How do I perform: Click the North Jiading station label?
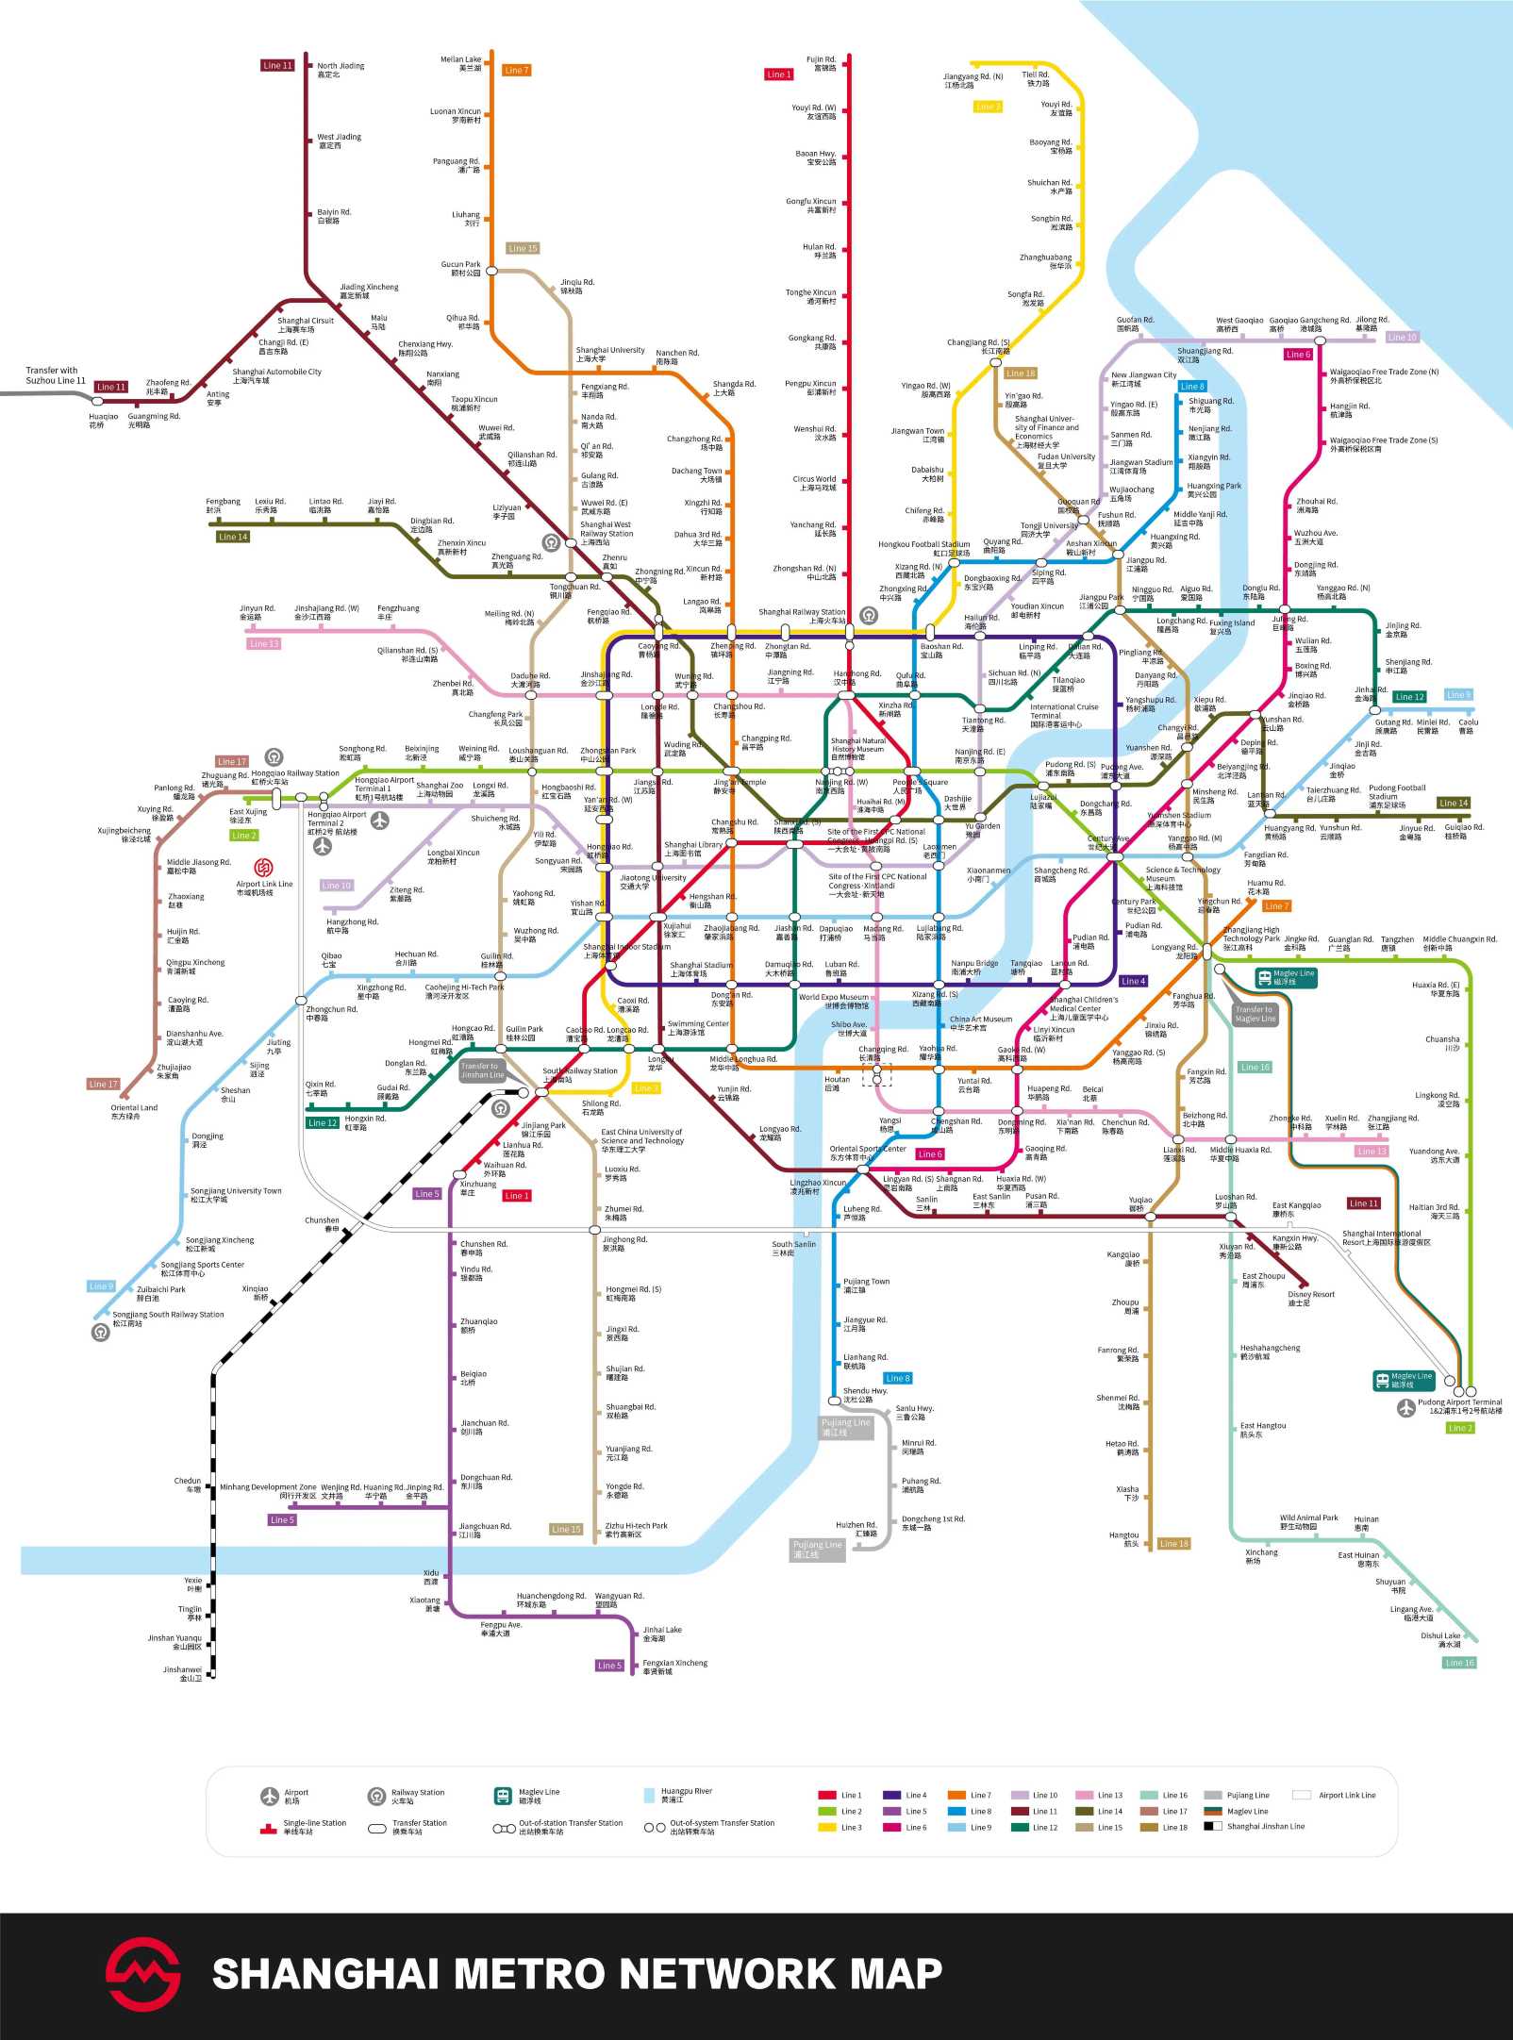(340, 70)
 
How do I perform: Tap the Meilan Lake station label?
(460, 63)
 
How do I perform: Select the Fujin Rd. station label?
(821, 63)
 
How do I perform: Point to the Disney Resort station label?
(1311, 1298)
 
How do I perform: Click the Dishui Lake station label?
(1440, 1639)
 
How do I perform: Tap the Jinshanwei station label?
(182, 1673)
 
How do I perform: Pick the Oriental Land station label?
(133, 1111)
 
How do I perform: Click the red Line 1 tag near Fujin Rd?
(778, 75)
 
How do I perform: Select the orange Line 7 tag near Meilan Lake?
(516, 70)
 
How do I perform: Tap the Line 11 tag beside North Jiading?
(277, 65)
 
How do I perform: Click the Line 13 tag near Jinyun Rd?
(263, 643)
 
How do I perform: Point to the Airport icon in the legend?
(271, 1795)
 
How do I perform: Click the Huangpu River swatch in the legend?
(649, 1795)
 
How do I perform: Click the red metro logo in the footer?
(142, 1974)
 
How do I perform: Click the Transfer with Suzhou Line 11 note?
(55, 375)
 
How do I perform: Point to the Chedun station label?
(188, 1484)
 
